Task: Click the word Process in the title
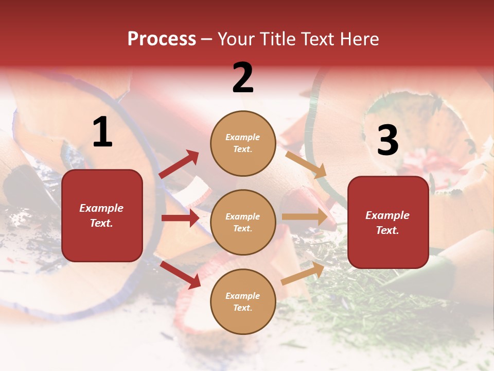162,39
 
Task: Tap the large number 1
102,132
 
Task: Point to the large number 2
243,78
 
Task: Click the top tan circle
243,143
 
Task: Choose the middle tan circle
243,222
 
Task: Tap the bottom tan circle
243,301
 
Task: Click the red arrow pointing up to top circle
179,164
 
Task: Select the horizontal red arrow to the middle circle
180,218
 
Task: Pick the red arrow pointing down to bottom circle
181,275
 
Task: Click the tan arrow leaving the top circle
306,164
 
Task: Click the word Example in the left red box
101,208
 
